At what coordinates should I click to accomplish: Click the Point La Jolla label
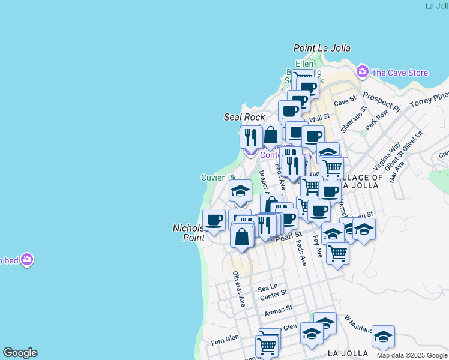tap(322, 48)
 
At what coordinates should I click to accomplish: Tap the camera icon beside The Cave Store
tap(362, 73)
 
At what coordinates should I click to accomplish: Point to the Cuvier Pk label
tap(218, 178)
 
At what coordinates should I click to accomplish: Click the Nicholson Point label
tap(190, 233)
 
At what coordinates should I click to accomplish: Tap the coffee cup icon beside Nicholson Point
tap(214, 220)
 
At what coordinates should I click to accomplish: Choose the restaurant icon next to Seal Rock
tap(251, 137)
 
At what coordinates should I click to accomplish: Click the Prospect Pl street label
tap(381, 102)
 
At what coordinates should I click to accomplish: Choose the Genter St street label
tap(274, 294)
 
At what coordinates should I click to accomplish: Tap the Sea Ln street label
tap(268, 288)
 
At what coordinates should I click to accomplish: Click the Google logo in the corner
tap(20, 353)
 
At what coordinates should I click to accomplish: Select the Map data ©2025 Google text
tap(412, 355)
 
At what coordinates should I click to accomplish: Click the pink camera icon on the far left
tap(26, 260)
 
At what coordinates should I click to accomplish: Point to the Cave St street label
tap(345, 103)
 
